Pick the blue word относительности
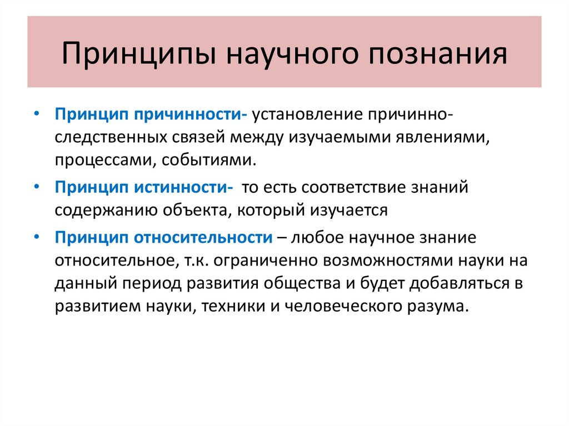203,237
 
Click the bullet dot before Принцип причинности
36,113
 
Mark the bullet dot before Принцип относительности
36,236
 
